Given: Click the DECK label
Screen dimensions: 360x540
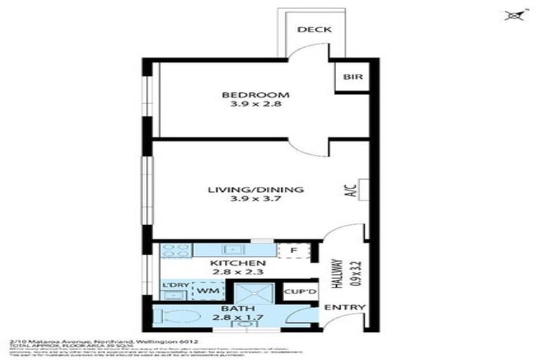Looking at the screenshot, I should [314, 30].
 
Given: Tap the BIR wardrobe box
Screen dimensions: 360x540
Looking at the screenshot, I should [353, 77].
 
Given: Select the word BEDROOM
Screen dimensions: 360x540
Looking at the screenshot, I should [245, 95].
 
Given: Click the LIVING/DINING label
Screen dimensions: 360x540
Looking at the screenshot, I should [255, 189].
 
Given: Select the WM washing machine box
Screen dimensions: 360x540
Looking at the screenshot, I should [207, 290].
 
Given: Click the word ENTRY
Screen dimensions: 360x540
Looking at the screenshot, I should [345, 307].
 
